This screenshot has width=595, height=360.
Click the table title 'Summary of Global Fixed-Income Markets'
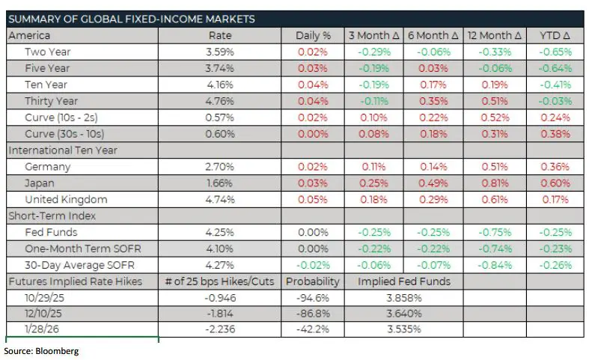[132, 19]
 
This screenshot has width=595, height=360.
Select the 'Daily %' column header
[313, 36]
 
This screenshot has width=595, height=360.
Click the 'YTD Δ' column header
[555, 36]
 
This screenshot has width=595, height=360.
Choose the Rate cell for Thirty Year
[219, 101]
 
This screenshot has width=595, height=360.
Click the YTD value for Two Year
[555, 52]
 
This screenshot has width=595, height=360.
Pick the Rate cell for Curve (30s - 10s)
[219, 134]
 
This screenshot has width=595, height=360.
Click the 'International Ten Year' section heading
[64, 150]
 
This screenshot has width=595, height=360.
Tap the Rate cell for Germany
[219, 167]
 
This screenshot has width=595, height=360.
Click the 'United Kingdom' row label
[66, 200]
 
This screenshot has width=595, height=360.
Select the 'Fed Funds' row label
[50, 233]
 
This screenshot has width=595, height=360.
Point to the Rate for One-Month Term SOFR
[219, 248]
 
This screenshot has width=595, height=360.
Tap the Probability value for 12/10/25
[313, 314]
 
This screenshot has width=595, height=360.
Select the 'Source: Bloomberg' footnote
[41, 350]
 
